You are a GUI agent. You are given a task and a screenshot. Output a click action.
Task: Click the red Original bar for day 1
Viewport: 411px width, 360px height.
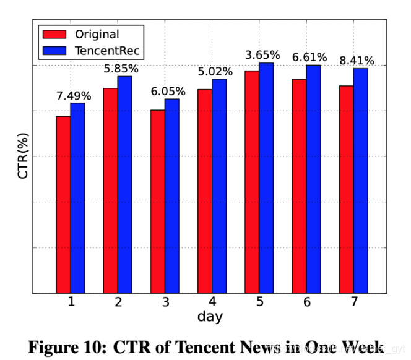tap(63, 204)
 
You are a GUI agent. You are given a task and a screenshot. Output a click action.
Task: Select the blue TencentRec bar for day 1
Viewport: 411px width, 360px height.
tap(77, 197)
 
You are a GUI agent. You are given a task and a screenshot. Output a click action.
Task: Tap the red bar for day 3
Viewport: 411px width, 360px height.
tap(157, 201)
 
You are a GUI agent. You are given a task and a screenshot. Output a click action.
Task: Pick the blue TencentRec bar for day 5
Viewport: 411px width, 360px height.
tap(266, 178)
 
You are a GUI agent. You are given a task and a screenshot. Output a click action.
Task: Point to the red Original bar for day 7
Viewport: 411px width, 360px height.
tap(346, 189)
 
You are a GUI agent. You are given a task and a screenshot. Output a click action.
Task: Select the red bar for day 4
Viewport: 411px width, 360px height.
tap(204, 191)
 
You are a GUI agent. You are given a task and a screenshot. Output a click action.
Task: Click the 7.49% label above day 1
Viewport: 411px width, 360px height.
tap(74, 96)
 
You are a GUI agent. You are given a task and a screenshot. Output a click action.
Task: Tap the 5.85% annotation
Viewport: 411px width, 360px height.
tap(121, 69)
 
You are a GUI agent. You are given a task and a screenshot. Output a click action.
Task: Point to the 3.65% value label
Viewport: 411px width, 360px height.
tap(262, 56)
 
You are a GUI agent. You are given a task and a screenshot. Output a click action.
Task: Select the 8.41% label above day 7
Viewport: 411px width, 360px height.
tap(357, 61)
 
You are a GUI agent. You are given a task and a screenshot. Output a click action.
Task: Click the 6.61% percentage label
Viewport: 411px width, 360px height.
tap(309, 58)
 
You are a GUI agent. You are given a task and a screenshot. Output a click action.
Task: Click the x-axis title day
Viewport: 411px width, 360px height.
tap(210, 317)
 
